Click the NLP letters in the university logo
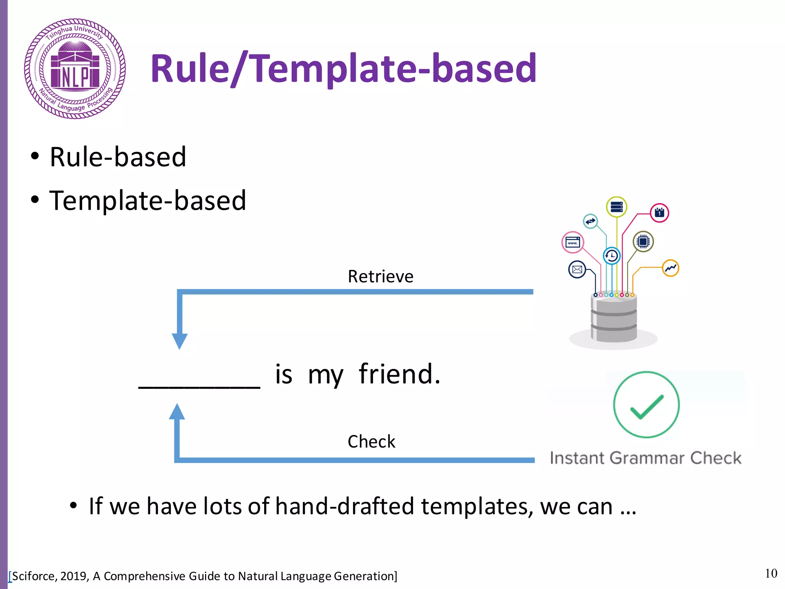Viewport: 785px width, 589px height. click(x=75, y=77)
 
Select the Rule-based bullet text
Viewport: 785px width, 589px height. click(x=118, y=157)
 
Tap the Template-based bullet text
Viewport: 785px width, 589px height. click(x=148, y=201)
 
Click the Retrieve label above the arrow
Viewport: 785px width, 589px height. click(x=380, y=276)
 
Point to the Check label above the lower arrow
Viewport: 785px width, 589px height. click(x=371, y=441)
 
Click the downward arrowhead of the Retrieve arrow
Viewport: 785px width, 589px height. click(x=179, y=341)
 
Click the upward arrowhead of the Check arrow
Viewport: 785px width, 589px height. click(x=177, y=412)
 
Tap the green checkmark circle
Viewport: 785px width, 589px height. click(x=646, y=405)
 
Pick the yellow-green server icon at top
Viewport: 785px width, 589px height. click(x=616, y=207)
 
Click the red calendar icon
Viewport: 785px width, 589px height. click(x=659, y=213)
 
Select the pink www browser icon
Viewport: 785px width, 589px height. click(x=573, y=242)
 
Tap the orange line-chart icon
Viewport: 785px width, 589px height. click(x=670, y=268)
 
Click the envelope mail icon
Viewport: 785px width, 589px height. click(x=577, y=270)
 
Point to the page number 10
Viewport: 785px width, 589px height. click(x=771, y=573)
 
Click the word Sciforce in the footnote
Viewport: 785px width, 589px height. click(x=34, y=576)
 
